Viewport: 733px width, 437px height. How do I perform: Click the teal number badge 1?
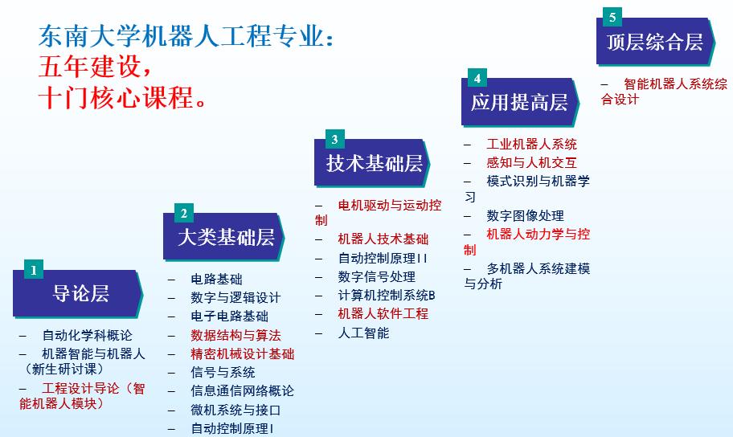[x=34, y=269]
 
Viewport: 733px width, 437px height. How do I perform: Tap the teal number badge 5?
[x=612, y=18]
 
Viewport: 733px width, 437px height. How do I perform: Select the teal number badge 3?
[x=334, y=139]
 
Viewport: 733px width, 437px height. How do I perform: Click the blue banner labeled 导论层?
[x=78, y=294]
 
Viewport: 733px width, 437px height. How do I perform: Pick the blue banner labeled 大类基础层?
[x=224, y=237]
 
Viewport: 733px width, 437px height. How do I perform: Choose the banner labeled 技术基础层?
[x=373, y=163]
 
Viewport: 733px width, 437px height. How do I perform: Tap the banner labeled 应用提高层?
[x=520, y=102]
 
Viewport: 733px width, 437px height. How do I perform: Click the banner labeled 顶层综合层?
[x=656, y=42]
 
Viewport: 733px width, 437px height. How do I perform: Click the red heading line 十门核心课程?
[x=122, y=98]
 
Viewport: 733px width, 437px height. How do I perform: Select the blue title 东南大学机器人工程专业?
[x=186, y=36]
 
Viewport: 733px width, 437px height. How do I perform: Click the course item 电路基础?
[x=216, y=279]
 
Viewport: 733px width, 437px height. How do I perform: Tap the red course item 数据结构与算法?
[x=235, y=335]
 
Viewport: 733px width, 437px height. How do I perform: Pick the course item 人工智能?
[x=363, y=333]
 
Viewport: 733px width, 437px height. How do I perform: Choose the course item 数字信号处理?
[x=376, y=276]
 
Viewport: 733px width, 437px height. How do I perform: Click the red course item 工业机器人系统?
[x=531, y=144]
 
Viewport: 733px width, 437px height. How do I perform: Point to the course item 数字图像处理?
[x=525, y=215]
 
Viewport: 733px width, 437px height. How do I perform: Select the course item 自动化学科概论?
[x=87, y=335]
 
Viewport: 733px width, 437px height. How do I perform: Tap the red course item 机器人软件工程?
[x=383, y=313]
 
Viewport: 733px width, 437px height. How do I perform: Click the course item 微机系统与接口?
[x=235, y=410]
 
